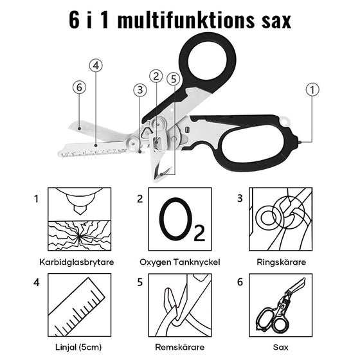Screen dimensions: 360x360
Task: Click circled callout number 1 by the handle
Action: coord(312,91)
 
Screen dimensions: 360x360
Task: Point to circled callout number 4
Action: coord(96,66)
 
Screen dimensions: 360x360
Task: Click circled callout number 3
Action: coord(139,89)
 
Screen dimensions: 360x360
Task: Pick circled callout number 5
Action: coord(173,80)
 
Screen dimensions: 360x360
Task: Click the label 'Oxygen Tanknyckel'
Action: coord(180,262)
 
